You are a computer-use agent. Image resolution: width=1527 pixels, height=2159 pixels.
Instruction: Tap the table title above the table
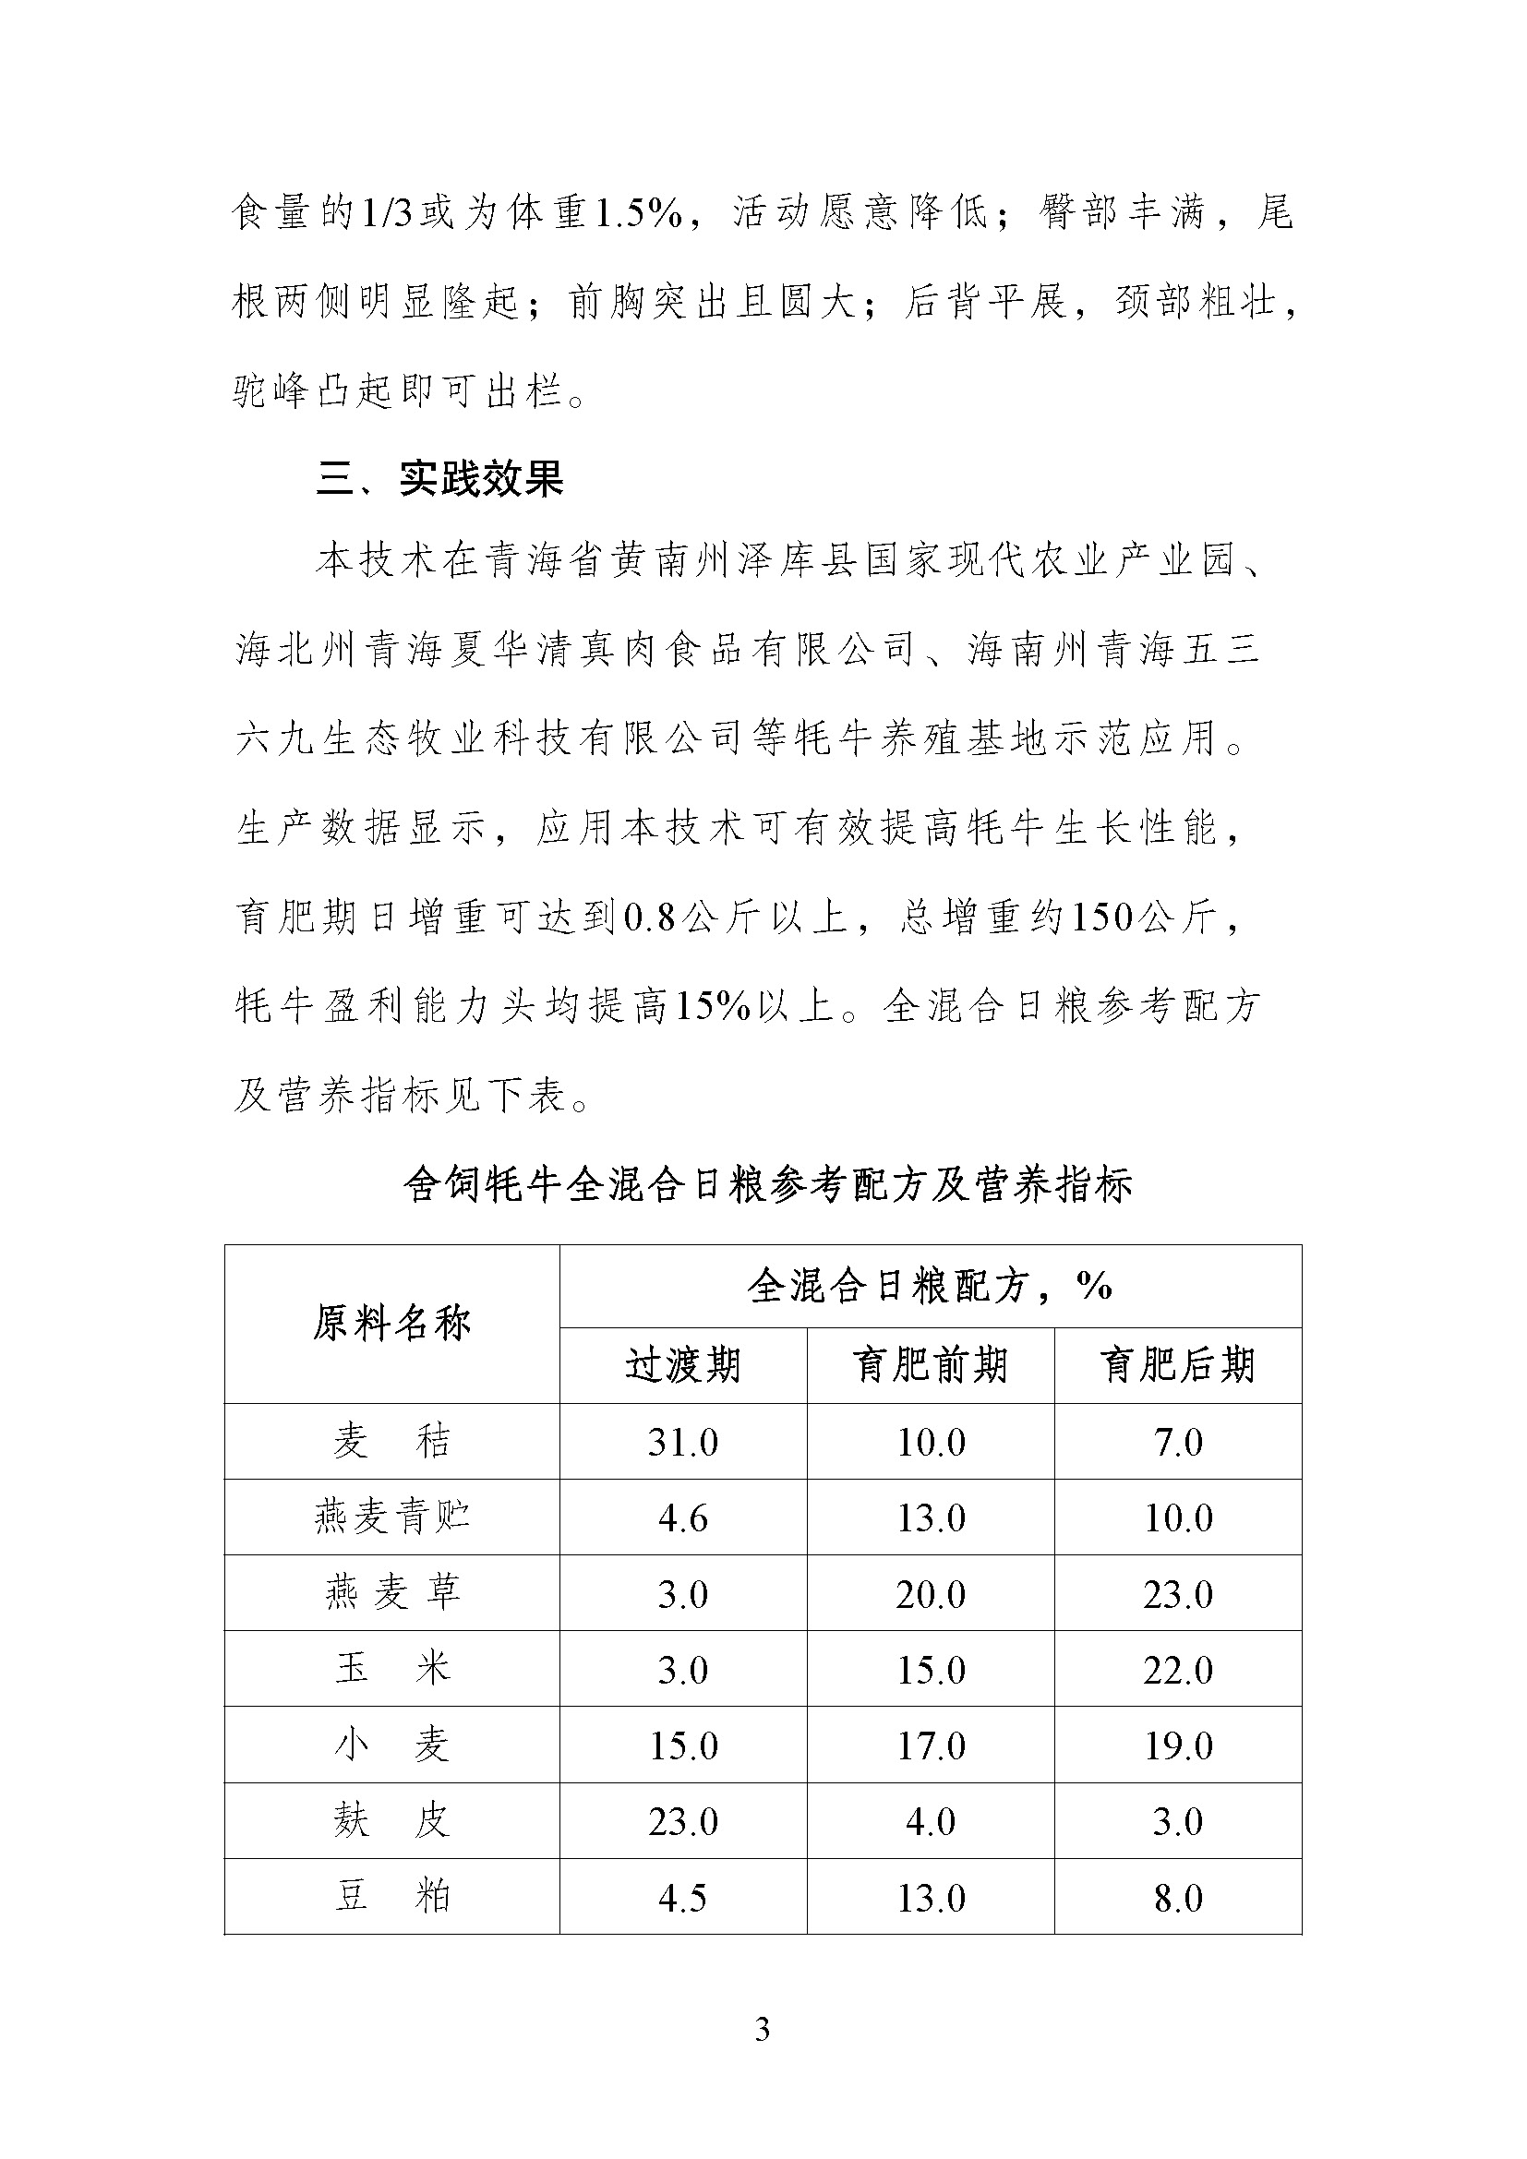click(x=767, y=1185)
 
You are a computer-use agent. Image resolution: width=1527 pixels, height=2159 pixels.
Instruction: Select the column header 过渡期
click(x=682, y=1365)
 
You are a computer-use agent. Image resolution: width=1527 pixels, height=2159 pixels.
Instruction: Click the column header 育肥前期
click(x=930, y=1365)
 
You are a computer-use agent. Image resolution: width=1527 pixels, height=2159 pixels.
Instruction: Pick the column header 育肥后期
click(x=1177, y=1365)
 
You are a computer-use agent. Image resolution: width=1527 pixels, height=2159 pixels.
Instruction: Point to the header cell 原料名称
click(x=391, y=1324)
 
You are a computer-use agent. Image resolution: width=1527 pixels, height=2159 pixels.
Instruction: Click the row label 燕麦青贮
click(x=391, y=1517)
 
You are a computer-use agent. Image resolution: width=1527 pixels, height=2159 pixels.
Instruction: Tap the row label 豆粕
click(x=391, y=1898)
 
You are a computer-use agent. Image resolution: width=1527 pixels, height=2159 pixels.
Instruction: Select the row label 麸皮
click(x=391, y=1821)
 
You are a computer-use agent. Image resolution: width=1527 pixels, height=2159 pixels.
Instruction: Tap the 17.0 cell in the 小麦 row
click(x=930, y=1746)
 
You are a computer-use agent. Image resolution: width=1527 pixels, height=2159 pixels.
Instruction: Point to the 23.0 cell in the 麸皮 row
click(x=682, y=1822)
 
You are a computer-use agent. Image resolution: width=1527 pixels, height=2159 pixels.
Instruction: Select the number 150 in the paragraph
click(x=1101, y=918)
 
